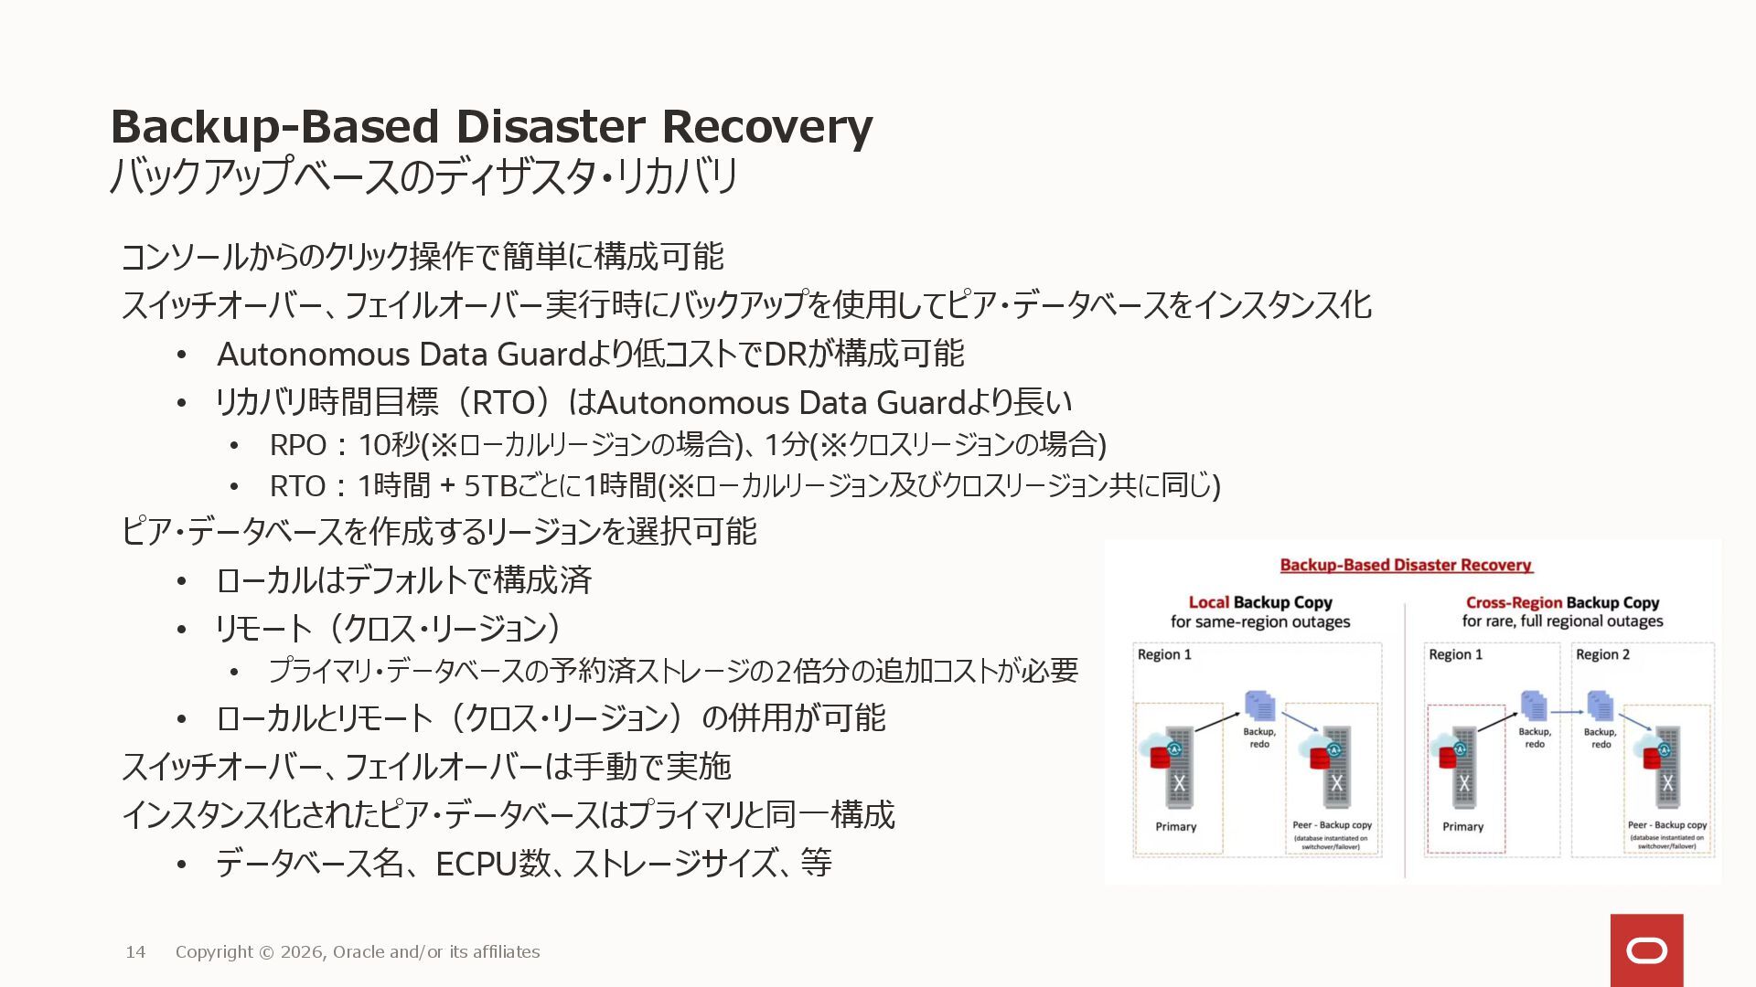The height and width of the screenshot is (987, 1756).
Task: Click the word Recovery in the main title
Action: [766, 127]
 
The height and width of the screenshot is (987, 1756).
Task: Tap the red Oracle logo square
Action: [1646, 950]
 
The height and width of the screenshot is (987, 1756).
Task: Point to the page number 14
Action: [135, 952]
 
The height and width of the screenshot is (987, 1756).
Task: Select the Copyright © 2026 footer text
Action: [357, 952]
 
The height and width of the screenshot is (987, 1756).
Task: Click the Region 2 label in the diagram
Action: [1602, 654]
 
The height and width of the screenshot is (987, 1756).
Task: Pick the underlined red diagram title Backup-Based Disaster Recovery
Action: [1406, 565]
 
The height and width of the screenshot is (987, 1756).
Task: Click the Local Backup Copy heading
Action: [1259, 602]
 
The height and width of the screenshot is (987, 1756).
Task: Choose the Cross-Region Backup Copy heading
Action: [1562, 602]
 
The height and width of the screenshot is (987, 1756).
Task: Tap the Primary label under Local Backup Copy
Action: [1175, 826]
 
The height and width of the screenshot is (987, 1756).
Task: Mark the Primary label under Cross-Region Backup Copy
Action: [1462, 826]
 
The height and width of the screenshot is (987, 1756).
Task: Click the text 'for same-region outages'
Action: [1259, 622]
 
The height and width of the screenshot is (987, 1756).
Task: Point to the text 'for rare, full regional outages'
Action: [1562, 621]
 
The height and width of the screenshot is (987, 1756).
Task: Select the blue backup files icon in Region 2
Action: [1601, 706]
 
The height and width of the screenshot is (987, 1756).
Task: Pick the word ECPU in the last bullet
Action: [476, 864]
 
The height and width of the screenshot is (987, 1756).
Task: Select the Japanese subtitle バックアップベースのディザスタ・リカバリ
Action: [423, 176]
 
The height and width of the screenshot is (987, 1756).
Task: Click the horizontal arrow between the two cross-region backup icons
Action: [1567, 711]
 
